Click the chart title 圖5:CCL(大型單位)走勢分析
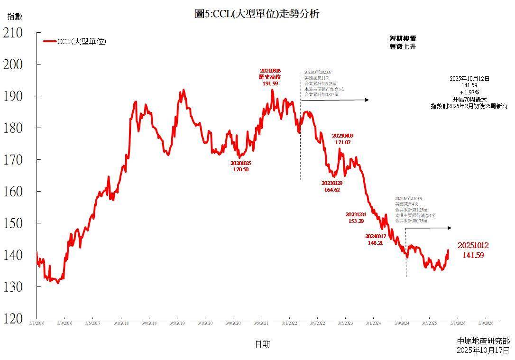(257, 14)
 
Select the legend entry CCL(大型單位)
(81, 42)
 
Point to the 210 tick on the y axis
(13, 33)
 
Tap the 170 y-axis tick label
(13, 160)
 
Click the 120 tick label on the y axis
(13, 319)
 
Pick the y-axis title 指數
(15, 17)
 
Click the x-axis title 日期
(262, 344)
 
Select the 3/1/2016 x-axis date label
(37, 324)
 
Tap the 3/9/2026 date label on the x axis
(485, 324)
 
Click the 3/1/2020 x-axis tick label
(204, 324)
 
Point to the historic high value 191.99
(270, 83)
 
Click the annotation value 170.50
(240, 169)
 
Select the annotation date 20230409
(343, 136)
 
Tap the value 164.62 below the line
(331, 190)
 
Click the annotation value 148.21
(375, 242)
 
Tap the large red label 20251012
(473, 246)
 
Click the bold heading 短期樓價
(403, 38)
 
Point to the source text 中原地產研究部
(483, 341)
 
